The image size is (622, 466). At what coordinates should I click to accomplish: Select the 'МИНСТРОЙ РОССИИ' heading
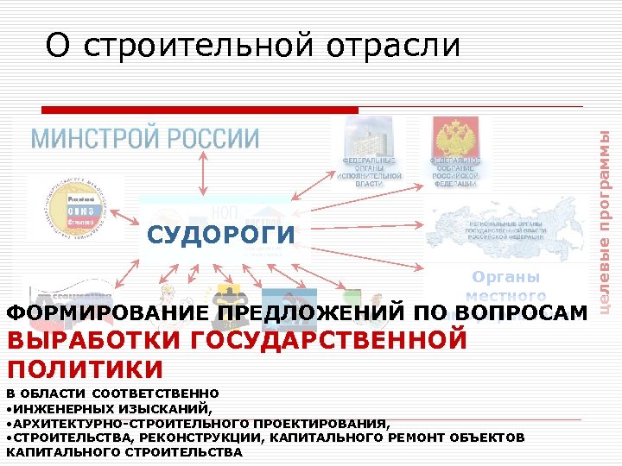click(x=145, y=138)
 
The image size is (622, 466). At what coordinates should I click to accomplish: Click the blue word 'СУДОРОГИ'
click(x=220, y=234)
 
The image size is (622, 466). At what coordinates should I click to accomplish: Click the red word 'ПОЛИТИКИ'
click(x=85, y=369)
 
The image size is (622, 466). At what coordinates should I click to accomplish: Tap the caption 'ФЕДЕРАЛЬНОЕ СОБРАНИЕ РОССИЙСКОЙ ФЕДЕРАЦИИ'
click(x=455, y=172)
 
